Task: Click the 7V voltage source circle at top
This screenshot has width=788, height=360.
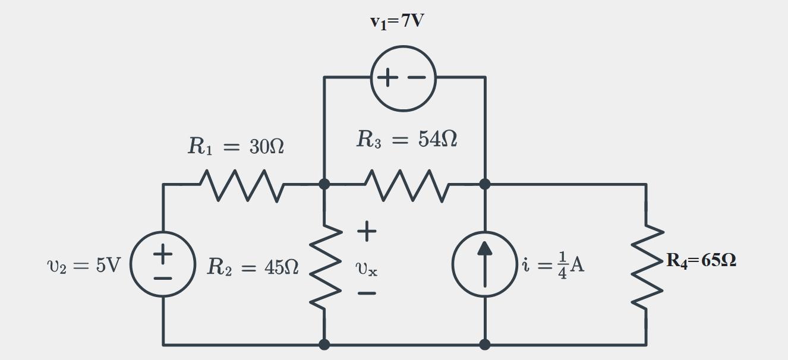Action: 403,78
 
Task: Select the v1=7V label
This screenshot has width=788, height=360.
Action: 397,22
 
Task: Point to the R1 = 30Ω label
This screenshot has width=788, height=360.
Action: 236,146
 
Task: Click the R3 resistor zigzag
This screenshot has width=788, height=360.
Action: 407,185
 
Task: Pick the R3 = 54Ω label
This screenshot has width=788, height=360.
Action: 407,140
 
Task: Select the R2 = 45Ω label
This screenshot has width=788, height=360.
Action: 253,267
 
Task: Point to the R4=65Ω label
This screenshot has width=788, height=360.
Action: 701,260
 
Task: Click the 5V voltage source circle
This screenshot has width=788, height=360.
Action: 163,264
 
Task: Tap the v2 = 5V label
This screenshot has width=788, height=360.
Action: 83,265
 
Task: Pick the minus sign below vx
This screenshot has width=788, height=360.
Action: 367,293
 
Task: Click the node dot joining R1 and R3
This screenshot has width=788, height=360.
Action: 324,184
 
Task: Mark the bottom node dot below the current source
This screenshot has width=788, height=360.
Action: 485,344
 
